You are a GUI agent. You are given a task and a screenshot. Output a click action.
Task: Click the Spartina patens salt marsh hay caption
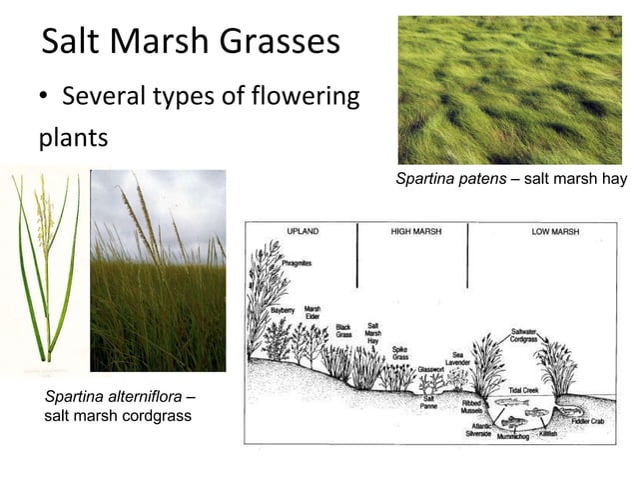[510, 180]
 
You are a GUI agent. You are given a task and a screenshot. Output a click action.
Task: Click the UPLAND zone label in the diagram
[304, 231]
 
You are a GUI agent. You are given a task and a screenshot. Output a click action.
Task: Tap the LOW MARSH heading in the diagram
[556, 231]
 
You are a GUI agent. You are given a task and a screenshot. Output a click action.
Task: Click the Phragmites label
[297, 262]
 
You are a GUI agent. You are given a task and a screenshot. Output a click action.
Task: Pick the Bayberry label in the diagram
[285, 310]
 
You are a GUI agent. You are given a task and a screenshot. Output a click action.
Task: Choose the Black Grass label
[343, 330]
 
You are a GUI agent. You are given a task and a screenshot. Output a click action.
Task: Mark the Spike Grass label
[399, 354]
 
